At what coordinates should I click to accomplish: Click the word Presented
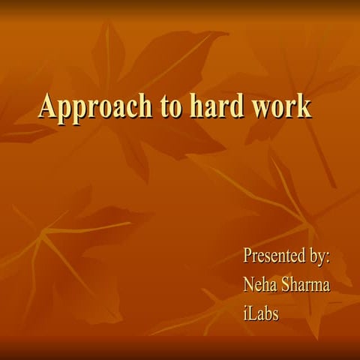click(x=274, y=256)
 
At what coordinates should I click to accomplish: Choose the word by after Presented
click(x=319, y=256)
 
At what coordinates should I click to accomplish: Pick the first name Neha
click(x=260, y=284)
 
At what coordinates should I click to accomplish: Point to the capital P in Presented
click(x=248, y=256)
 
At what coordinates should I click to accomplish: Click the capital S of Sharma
click(x=286, y=284)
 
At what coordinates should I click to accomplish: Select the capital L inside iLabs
click(x=253, y=313)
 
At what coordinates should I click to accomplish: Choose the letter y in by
click(x=323, y=258)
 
